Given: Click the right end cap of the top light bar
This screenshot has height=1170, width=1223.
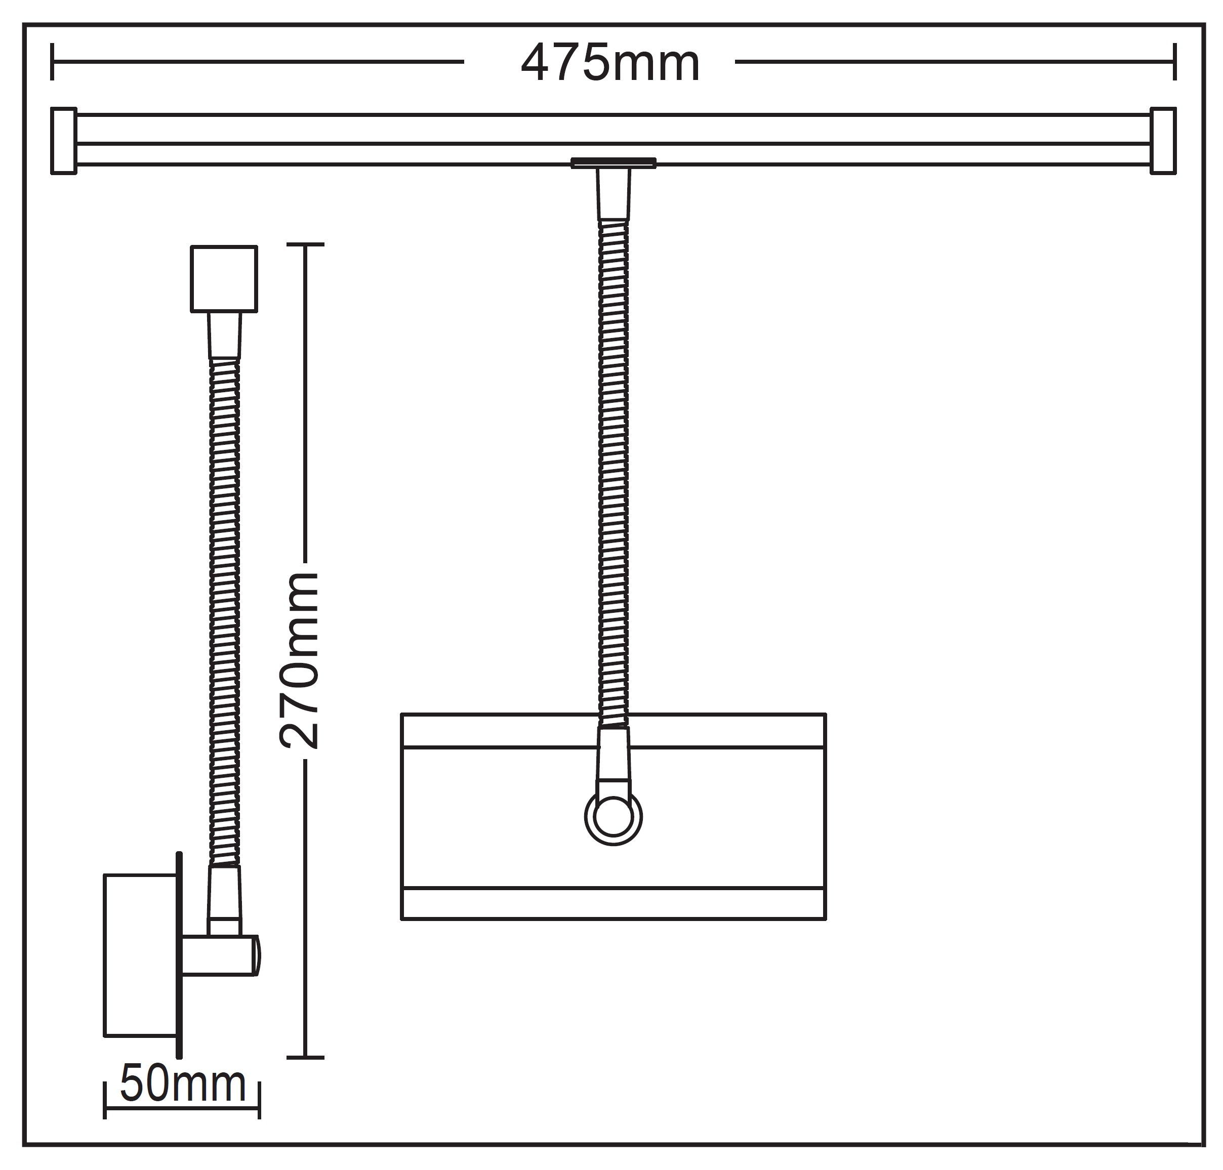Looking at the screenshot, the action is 1163,140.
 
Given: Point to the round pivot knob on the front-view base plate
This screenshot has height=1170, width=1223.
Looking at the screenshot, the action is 614,818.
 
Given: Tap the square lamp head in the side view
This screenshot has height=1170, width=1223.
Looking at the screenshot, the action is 224,279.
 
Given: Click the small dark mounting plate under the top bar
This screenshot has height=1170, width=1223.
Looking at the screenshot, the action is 614,163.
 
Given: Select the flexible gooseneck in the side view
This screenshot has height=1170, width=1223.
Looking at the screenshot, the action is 225,612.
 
